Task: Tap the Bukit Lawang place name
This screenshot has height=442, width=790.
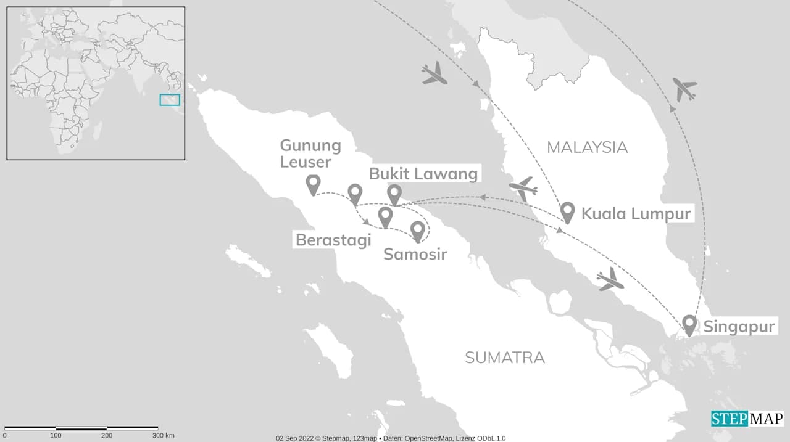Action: point(423,174)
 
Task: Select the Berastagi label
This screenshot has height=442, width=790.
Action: point(333,239)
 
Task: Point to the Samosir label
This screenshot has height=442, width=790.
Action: point(415,253)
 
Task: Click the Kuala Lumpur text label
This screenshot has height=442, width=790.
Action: point(636,214)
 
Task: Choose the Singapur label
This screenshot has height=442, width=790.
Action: point(739,327)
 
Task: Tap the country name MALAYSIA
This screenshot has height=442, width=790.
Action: point(587,147)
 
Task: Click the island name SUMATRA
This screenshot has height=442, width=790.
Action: point(505,357)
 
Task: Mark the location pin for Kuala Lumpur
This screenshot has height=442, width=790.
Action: point(568,213)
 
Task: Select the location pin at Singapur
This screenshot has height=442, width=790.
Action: point(689,325)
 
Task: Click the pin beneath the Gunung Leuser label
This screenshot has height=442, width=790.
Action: point(314,185)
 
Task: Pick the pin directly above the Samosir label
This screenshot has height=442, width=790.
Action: point(417,231)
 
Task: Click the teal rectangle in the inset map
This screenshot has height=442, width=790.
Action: point(170,100)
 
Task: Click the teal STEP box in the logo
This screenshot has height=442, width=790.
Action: point(730,419)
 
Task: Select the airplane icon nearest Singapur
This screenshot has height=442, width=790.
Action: point(610,280)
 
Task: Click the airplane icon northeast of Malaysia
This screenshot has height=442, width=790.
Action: point(684,89)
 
